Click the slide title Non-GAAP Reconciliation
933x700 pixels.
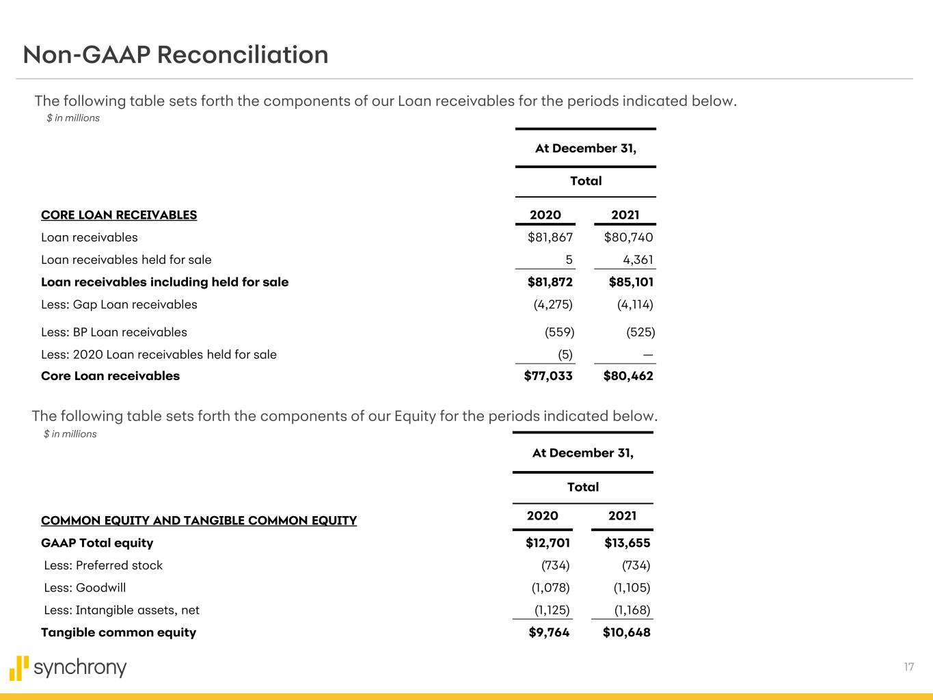pos(176,55)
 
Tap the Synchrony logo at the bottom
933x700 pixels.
pos(68,668)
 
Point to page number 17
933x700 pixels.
pos(908,667)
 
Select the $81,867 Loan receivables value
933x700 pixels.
pos(550,237)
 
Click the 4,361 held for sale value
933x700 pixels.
pos(638,260)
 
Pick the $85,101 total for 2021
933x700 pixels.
pos(628,282)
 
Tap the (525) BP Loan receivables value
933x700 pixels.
pos(640,332)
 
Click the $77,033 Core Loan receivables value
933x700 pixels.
pos(548,376)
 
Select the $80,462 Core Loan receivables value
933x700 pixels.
pos(628,376)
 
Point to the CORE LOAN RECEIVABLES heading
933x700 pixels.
pos(119,215)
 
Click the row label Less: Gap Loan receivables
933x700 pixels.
pos(119,305)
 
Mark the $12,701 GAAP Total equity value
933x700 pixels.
pos(547,543)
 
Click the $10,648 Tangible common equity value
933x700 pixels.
pos(626,632)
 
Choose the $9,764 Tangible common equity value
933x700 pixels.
pos(549,632)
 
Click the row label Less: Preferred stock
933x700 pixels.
pos(103,565)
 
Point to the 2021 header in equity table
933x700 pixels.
pos(622,515)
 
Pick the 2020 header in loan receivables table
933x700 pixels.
pos(545,215)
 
